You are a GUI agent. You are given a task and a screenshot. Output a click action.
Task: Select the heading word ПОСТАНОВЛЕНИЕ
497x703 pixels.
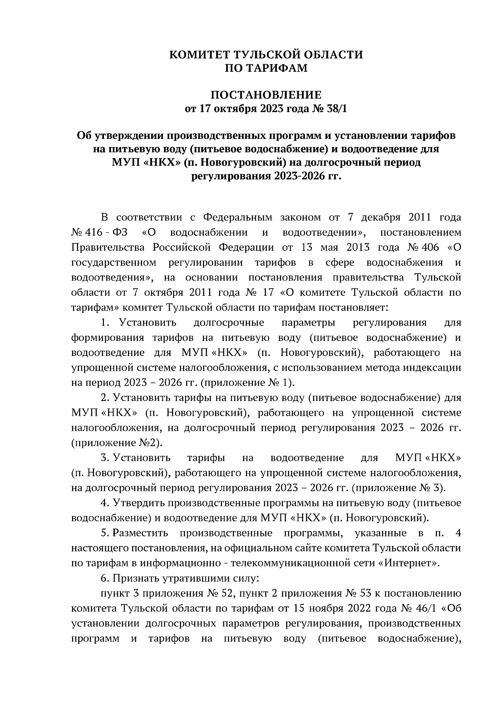click(x=266, y=95)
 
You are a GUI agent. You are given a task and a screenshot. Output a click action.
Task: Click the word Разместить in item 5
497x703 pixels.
click(x=140, y=533)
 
